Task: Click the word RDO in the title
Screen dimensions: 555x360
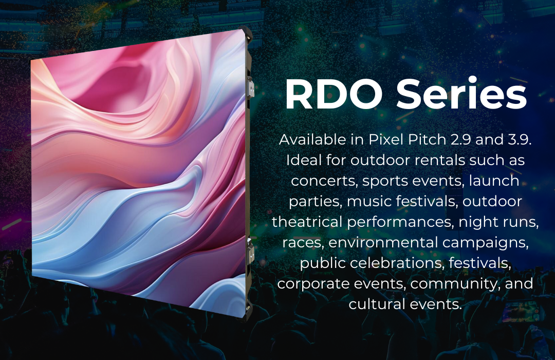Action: click(334, 95)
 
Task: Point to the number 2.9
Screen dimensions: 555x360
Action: click(460, 139)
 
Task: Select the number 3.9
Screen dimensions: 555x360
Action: click(520, 139)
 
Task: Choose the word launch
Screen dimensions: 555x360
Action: click(494, 181)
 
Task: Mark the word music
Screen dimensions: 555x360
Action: click(368, 201)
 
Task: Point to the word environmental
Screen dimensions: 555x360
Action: click(383, 242)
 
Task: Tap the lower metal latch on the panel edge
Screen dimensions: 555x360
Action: click(251, 251)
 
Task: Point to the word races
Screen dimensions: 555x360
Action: click(303, 243)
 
